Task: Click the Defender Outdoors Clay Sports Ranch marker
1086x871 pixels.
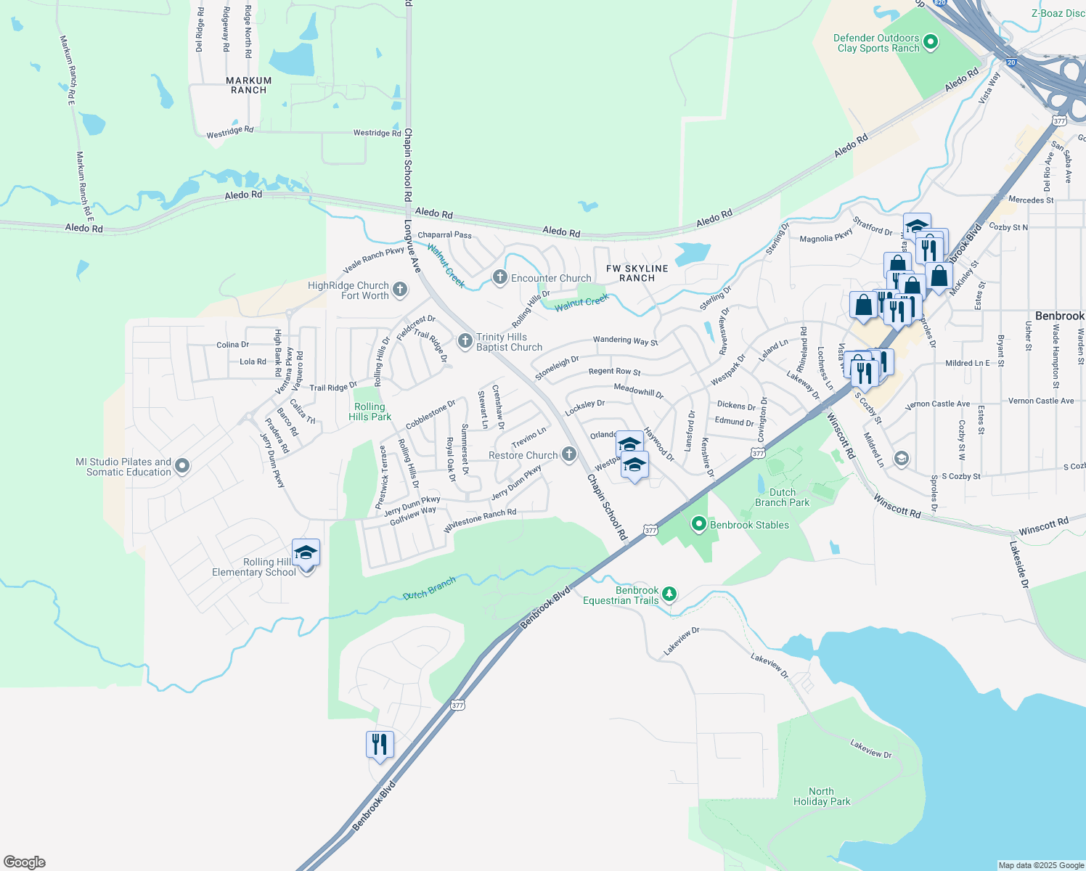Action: [930, 43]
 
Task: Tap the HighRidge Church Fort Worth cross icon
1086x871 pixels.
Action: [399, 290]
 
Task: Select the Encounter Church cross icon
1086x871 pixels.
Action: [499, 277]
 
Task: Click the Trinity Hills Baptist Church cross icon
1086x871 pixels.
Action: [465, 340]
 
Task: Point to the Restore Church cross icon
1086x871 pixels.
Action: [569, 454]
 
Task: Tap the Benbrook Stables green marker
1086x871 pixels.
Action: [699, 523]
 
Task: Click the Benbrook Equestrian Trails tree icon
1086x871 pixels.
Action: [669, 594]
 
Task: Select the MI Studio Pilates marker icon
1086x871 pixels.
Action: [182, 466]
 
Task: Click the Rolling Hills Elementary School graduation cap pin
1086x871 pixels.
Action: [306, 554]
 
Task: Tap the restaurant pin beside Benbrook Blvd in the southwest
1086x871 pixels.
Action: [380, 745]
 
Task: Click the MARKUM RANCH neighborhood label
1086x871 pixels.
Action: [248, 86]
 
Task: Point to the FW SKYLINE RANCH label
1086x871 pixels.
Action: [637, 273]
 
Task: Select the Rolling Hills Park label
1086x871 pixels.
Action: [370, 412]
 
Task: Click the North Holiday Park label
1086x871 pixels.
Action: [821, 796]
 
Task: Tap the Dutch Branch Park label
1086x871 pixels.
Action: [782, 497]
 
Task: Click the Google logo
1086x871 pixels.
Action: [25, 862]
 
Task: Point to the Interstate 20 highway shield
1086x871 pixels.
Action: [1011, 62]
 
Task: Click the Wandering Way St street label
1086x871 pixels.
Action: [625, 340]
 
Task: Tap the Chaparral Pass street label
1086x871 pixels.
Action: [444, 235]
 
